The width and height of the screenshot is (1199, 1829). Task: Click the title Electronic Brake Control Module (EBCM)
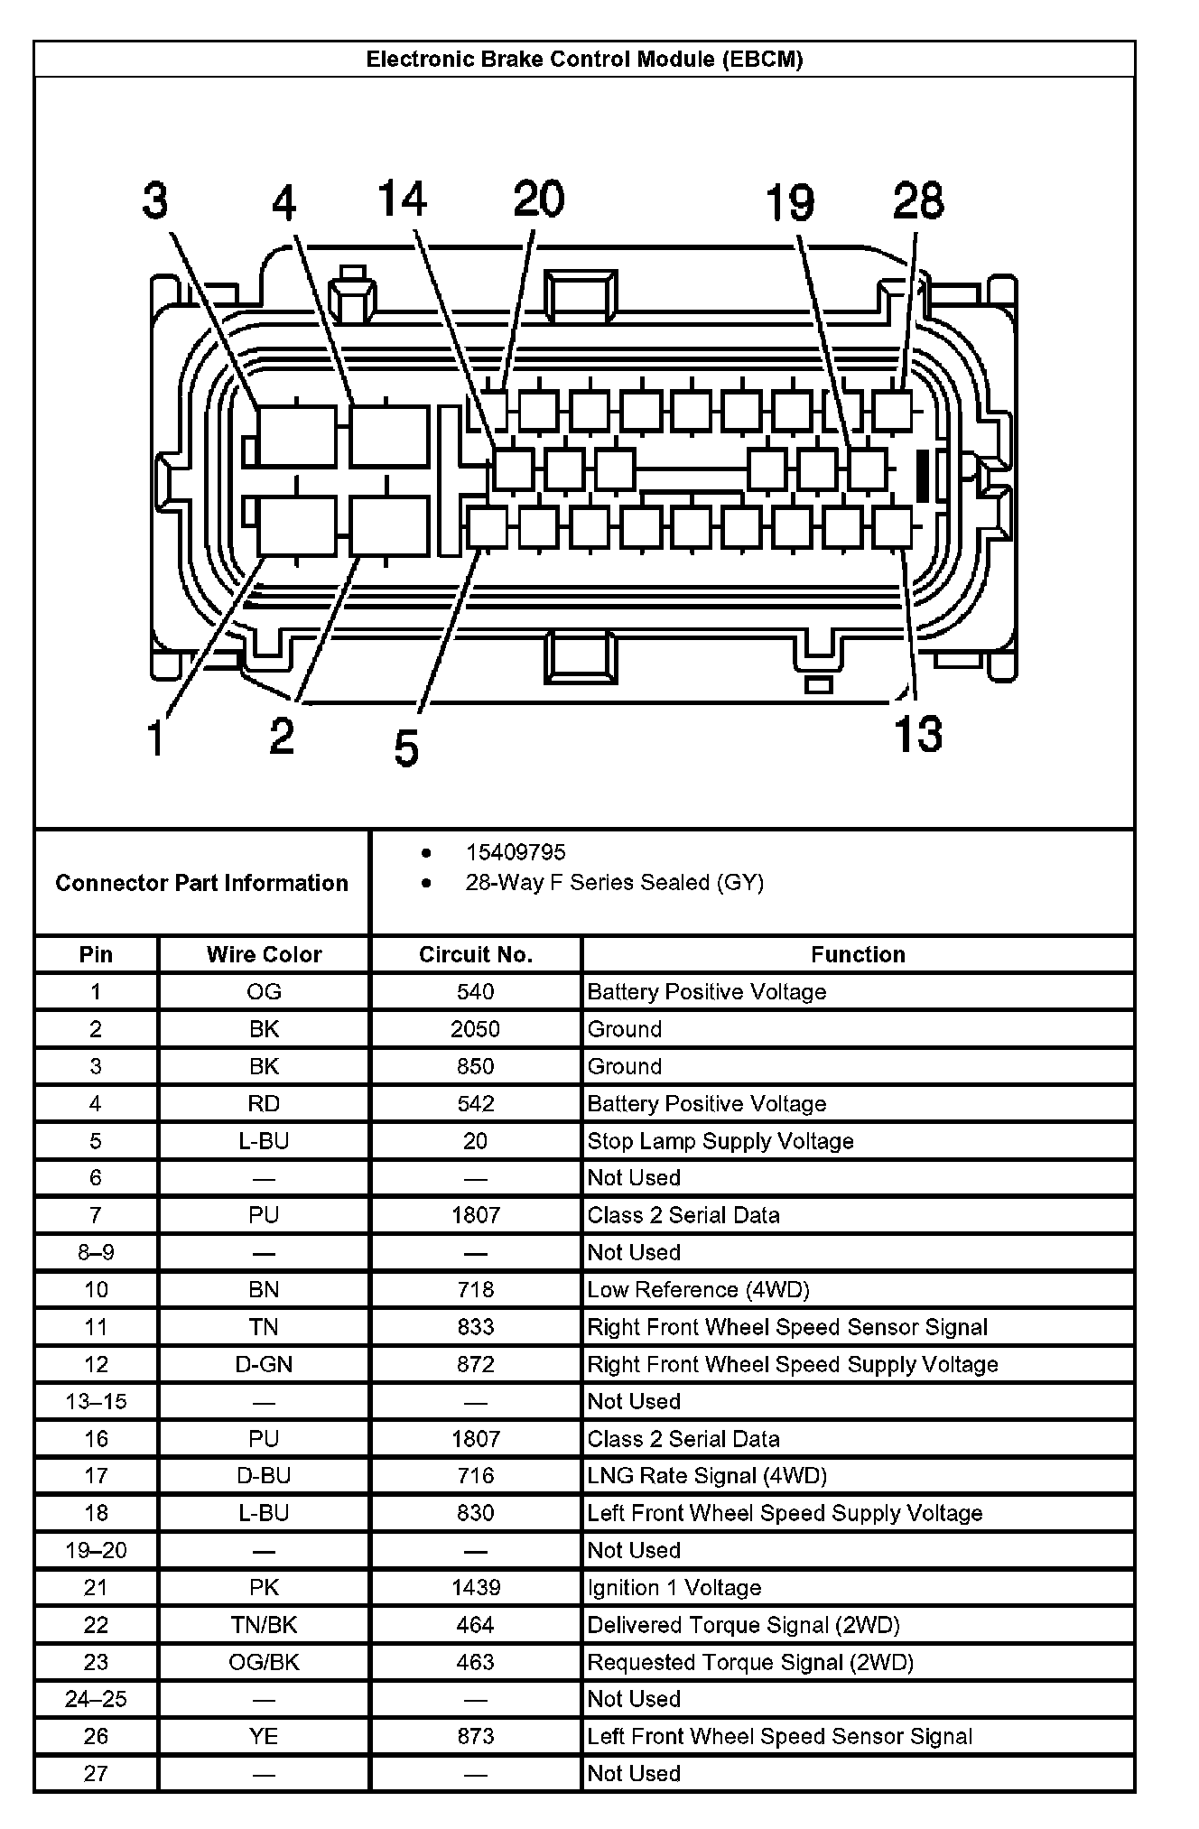584,60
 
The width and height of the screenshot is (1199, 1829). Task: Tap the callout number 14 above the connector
402,199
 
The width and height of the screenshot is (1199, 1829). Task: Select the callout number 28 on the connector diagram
918,200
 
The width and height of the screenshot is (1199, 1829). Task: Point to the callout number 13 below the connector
917,733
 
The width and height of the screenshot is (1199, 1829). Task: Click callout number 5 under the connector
406,748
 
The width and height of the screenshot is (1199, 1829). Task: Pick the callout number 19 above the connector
790,202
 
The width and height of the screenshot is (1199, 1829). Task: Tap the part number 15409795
516,852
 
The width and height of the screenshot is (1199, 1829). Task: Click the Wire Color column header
264,954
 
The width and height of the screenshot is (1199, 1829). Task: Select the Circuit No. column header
476,954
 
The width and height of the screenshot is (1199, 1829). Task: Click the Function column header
858,954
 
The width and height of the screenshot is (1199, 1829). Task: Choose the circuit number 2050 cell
476,1029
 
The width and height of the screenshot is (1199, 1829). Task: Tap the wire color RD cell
264,1103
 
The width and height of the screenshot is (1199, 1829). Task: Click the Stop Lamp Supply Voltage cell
720,1141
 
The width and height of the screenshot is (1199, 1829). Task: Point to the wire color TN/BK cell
264,1625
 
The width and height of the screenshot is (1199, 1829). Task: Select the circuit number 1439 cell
476,1587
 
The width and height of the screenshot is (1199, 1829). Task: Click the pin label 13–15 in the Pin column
96,1401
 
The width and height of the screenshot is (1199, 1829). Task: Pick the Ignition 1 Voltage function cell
674,1587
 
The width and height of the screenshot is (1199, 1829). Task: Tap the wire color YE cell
264,1736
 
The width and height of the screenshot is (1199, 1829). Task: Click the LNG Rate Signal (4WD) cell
707,1475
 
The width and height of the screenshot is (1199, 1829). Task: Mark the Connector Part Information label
201,883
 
